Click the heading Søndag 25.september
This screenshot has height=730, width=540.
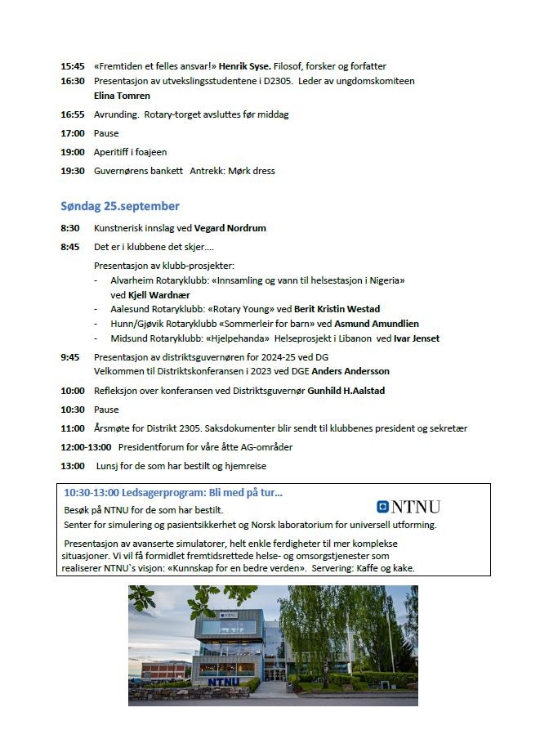(120, 205)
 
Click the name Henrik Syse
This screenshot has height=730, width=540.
(248, 66)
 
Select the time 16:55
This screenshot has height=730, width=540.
(72, 114)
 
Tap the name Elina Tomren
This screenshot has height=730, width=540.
(122, 96)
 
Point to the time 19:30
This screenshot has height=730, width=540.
(72, 171)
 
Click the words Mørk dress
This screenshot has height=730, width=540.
(252, 171)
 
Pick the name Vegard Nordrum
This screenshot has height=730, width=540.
(230, 228)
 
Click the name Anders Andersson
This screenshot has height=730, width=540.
(350, 371)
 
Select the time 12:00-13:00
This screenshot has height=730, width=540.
(87, 447)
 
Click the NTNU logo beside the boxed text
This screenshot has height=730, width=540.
(408, 506)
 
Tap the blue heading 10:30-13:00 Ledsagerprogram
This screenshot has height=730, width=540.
(172, 492)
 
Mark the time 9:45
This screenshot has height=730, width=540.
(69, 357)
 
